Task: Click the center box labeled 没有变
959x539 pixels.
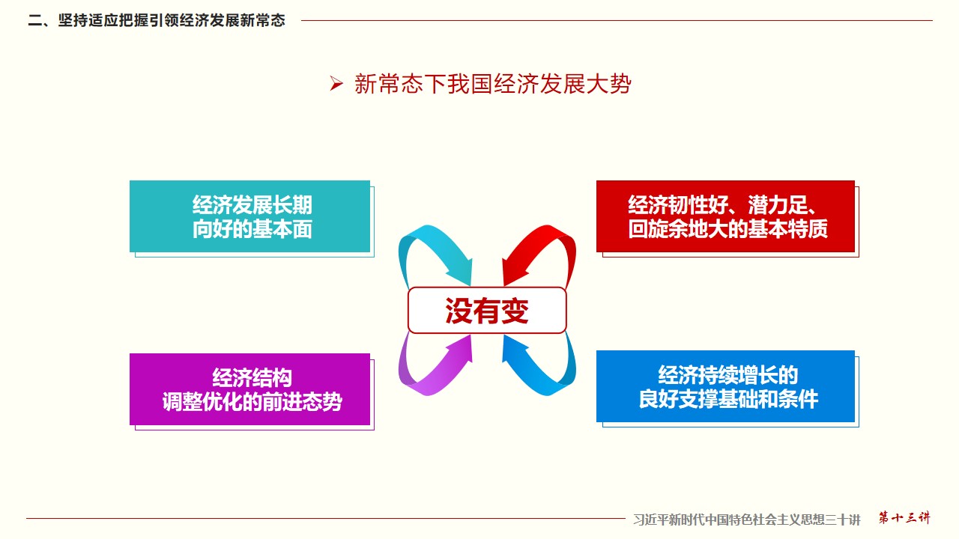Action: point(487,310)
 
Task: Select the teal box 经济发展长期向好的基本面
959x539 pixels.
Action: point(250,216)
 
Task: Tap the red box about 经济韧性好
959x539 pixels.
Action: point(725,216)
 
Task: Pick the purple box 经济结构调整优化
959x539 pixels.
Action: point(250,389)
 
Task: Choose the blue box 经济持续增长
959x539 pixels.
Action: point(725,386)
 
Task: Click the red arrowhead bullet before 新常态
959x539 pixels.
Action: point(336,83)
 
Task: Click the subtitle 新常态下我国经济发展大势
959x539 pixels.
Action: point(493,83)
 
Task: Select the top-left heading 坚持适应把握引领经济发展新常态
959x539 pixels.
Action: point(172,20)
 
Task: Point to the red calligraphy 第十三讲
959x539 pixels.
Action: point(904,518)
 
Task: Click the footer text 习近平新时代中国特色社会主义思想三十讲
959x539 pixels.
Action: point(747,520)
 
